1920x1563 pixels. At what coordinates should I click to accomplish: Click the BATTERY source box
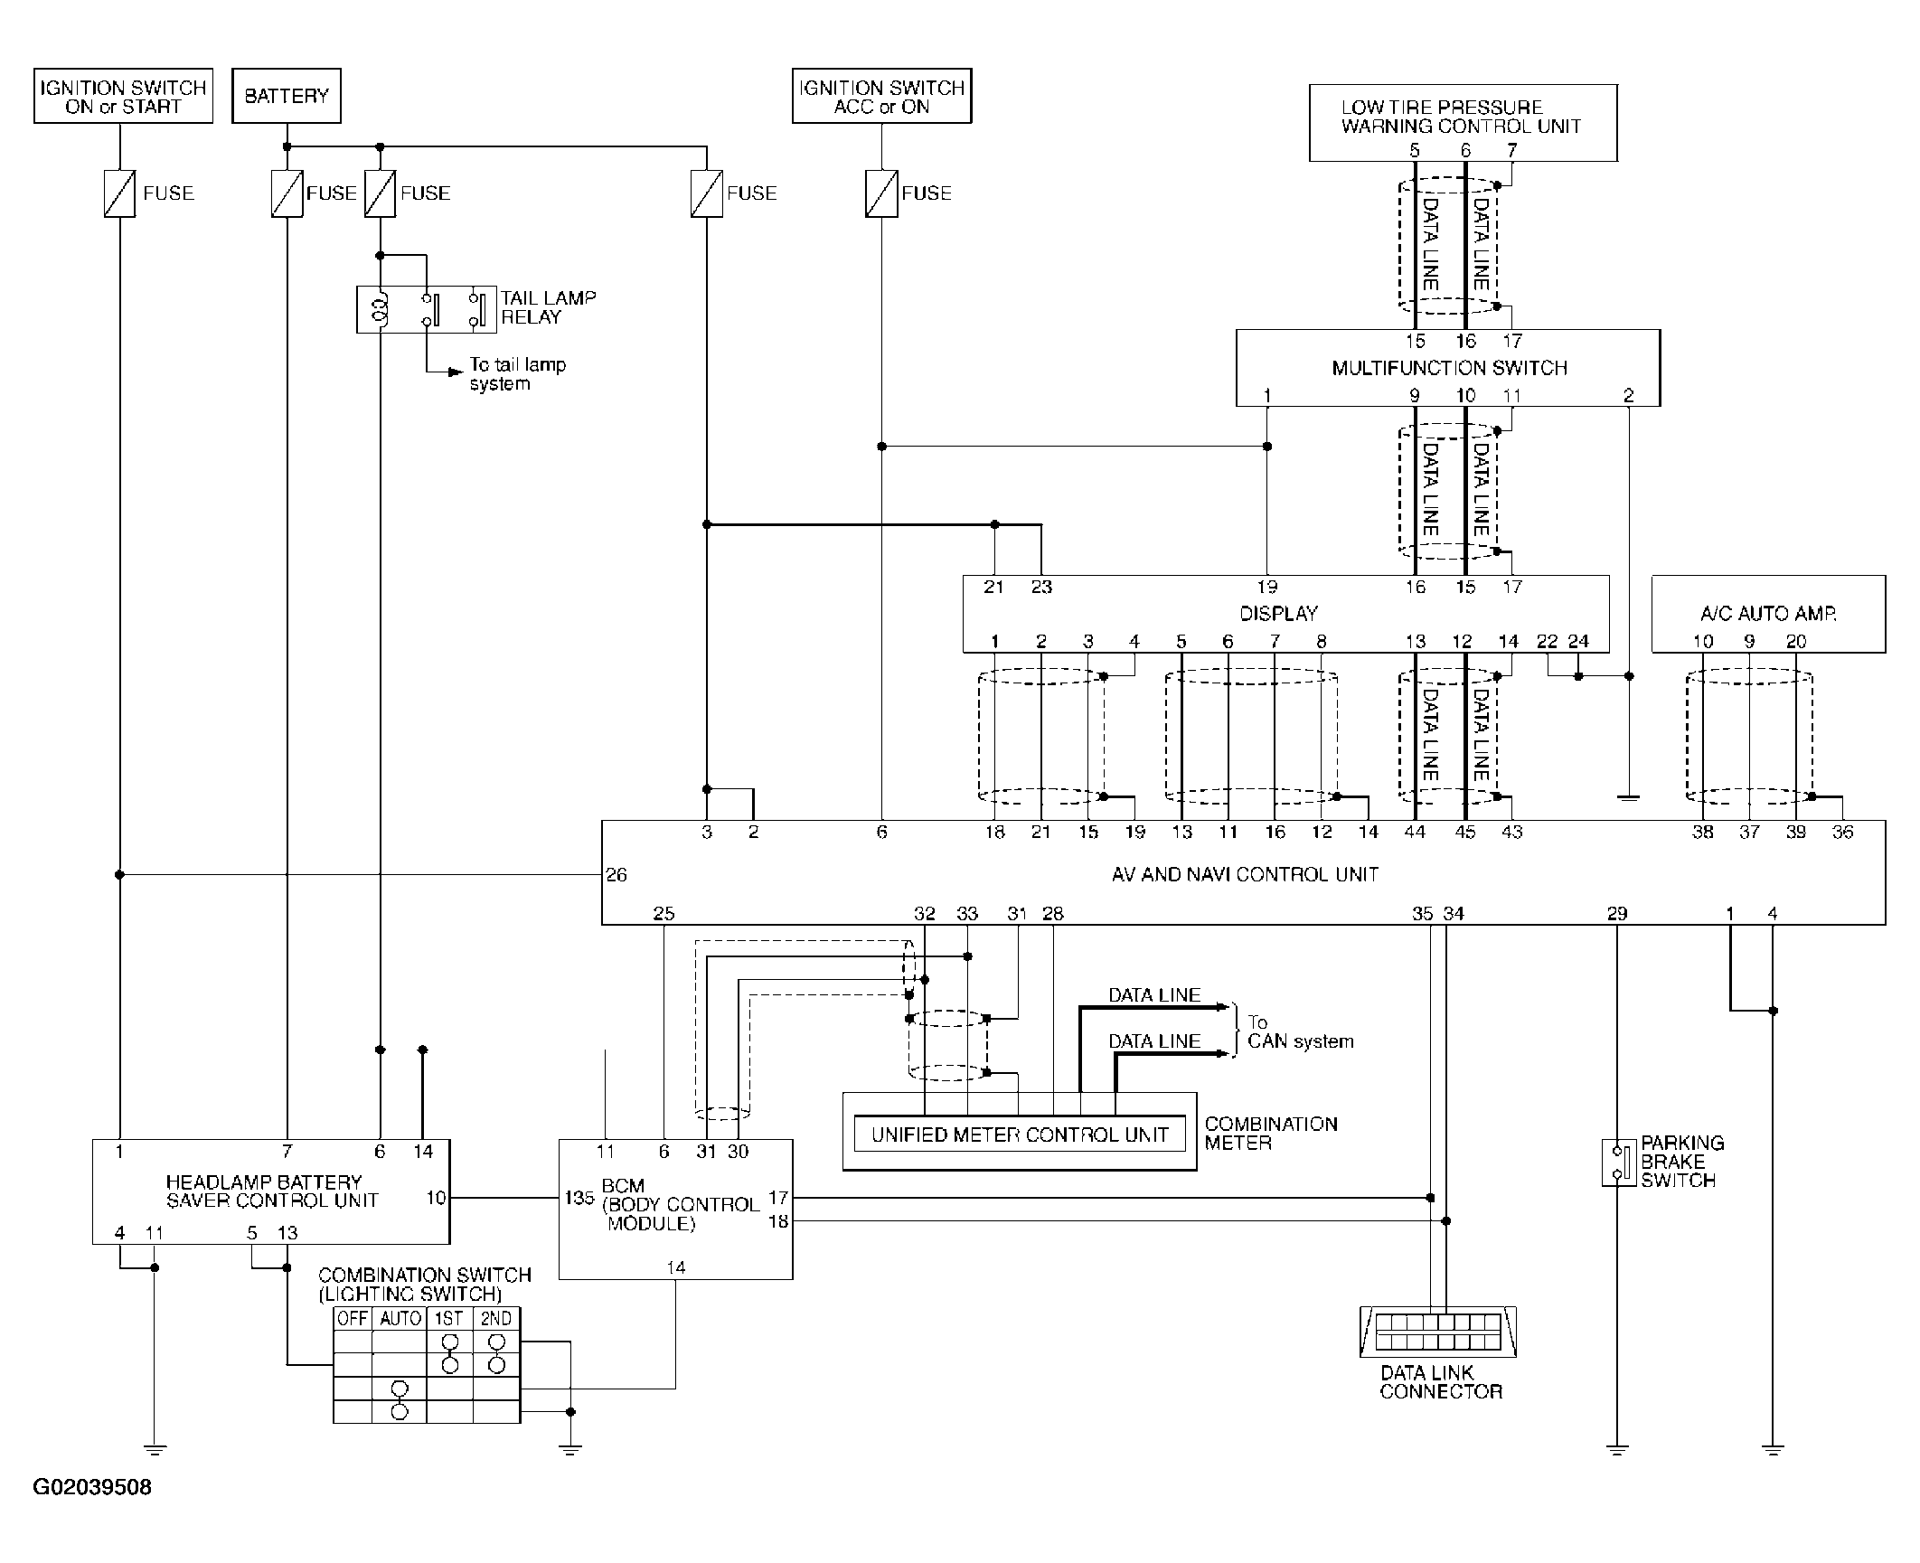coord(287,95)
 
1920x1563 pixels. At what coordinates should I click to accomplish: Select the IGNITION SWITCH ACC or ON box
coord(881,95)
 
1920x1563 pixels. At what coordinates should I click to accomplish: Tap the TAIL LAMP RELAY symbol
coord(426,309)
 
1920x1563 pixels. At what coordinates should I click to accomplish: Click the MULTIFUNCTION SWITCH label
coord(1449,368)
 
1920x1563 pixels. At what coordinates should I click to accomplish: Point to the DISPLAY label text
coord(1278,614)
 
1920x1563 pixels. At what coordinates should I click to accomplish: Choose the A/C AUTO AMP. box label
coord(1768,614)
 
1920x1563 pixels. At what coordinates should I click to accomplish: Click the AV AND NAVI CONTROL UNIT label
coord(1245,874)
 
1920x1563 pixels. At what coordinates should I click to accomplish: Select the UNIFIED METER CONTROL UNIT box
coord(1020,1135)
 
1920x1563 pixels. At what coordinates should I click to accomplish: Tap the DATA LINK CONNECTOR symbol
coord(1437,1332)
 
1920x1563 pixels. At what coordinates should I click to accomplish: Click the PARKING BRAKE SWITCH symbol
coord(1618,1163)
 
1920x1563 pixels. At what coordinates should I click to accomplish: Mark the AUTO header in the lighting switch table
coord(400,1318)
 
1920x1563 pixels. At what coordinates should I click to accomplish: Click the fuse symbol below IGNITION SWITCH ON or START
coord(119,193)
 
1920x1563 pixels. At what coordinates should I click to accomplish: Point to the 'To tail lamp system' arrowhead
coord(456,372)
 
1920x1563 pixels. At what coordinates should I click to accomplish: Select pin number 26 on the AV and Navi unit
coord(616,875)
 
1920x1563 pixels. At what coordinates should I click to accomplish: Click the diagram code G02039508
coord(92,1487)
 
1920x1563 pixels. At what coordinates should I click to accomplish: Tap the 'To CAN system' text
coord(1300,1031)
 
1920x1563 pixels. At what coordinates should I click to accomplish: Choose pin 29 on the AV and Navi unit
coord(1617,913)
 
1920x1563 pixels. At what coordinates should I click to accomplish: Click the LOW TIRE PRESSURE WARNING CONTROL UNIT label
coord(1461,117)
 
